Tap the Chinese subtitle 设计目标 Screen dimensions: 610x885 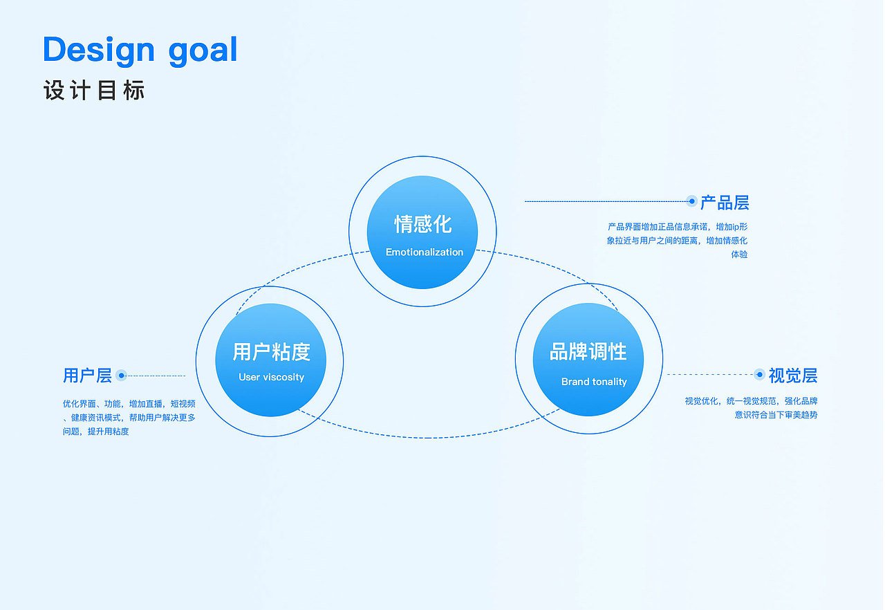coord(94,91)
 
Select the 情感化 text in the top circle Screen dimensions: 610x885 coord(422,224)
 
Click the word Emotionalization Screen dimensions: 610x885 coord(425,252)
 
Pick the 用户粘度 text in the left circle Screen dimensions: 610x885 coord(271,352)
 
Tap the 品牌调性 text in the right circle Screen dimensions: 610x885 coord(588,352)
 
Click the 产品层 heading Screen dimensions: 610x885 coord(725,203)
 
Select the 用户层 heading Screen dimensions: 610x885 coord(87,376)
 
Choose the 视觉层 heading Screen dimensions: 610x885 coord(793,376)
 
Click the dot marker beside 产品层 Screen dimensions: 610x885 coord(691,201)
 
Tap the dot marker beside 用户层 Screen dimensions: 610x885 coord(122,376)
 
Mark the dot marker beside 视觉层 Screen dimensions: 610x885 coord(760,375)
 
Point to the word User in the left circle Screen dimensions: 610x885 coord(249,378)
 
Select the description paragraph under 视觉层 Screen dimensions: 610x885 coord(752,408)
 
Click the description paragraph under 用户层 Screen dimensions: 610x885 coord(129,417)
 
